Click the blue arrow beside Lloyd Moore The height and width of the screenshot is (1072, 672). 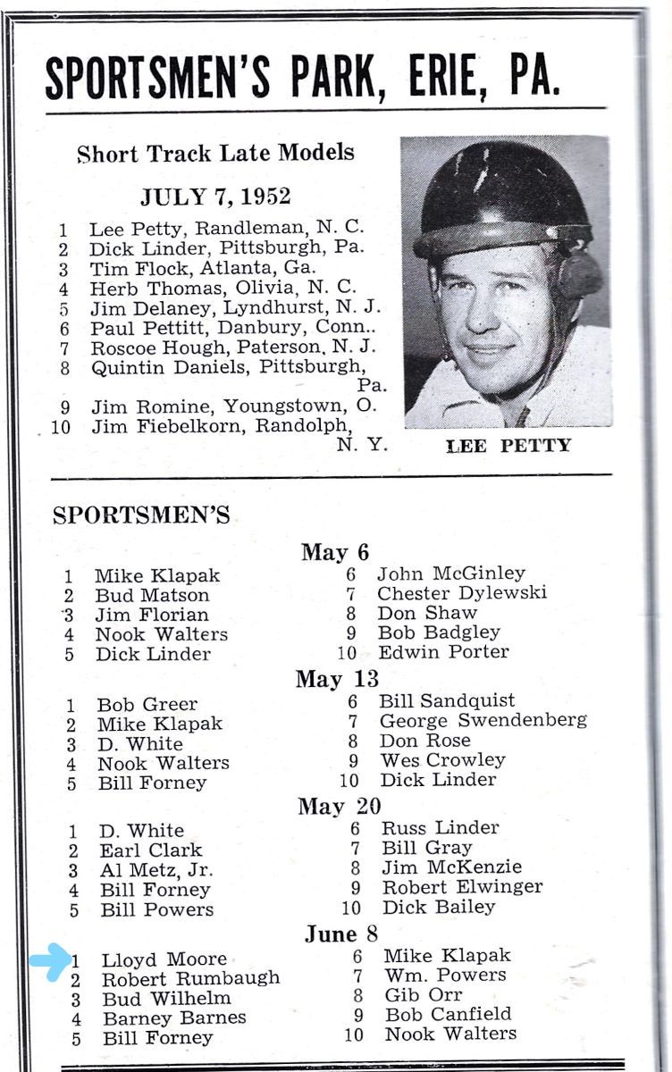click(50, 960)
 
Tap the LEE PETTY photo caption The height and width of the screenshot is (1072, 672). click(508, 445)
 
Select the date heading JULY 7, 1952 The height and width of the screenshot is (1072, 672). click(215, 197)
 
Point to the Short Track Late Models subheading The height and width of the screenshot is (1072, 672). click(215, 153)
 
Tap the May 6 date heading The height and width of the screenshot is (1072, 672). click(335, 552)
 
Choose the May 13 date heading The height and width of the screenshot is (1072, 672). click(337, 679)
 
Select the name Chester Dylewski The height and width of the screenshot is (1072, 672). click(462, 593)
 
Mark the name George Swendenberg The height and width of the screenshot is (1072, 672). click(483, 720)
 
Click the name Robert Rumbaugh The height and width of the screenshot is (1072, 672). click(190, 979)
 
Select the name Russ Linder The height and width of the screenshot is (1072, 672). click(441, 828)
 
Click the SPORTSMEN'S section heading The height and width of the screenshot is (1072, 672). click(141, 515)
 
